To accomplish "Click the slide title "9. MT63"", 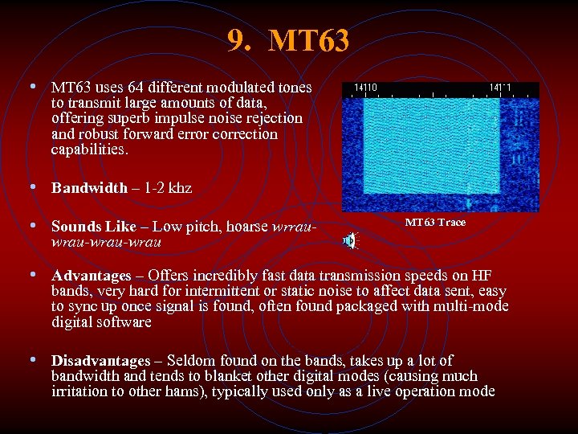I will click(288, 41).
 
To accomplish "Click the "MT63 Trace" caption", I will click(434, 223).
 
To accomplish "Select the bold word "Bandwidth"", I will click(89, 188).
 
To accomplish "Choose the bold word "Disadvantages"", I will click(100, 361).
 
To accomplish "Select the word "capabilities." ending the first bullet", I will click(89, 149).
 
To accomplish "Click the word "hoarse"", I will click(243, 227).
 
